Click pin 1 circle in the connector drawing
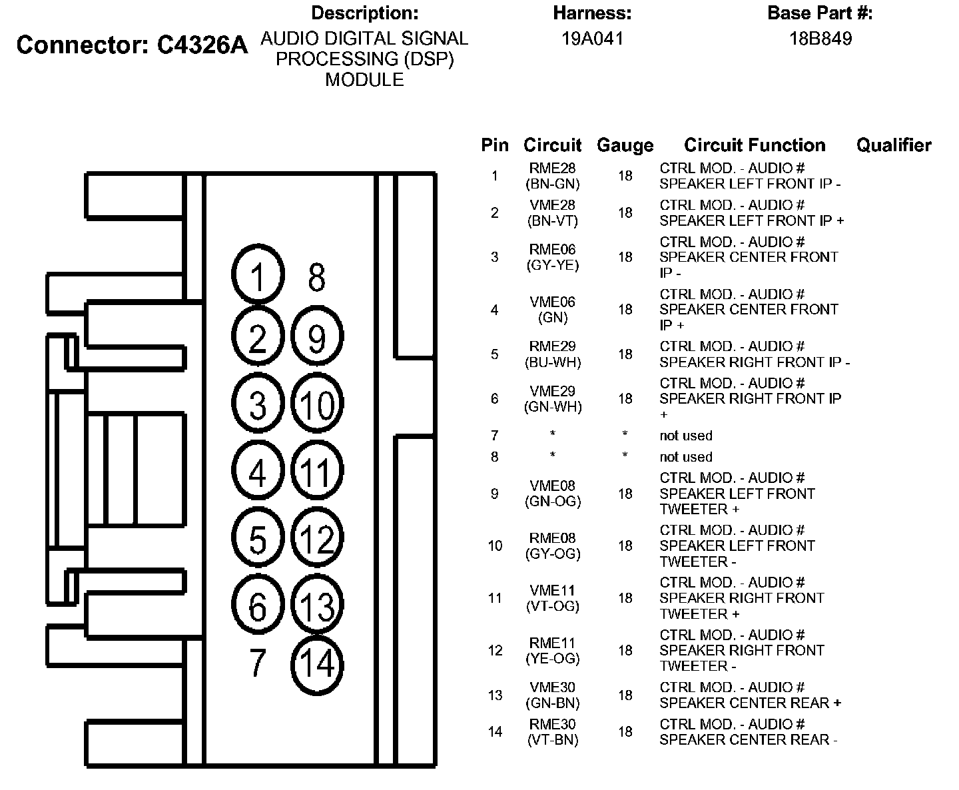click(x=258, y=276)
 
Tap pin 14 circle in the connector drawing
click(x=317, y=663)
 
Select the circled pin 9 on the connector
click(x=317, y=337)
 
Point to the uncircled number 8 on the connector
click(x=317, y=277)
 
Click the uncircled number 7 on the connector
click(x=258, y=663)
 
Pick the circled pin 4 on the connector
click(x=258, y=472)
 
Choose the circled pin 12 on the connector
click(x=317, y=538)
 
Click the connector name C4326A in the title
click(x=202, y=45)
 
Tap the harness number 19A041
click(x=592, y=39)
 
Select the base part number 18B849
click(x=820, y=39)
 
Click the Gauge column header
click(x=625, y=145)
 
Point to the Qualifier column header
click(x=894, y=145)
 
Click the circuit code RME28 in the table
click(x=553, y=169)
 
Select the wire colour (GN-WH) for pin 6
click(x=553, y=406)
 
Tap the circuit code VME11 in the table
click(x=553, y=590)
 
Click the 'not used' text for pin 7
click(x=686, y=436)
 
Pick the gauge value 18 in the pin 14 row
click(x=625, y=731)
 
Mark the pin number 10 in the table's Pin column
click(x=495, y=546)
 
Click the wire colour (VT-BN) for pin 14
click(x=553, y=739)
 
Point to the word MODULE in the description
click(x=364, y=80)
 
